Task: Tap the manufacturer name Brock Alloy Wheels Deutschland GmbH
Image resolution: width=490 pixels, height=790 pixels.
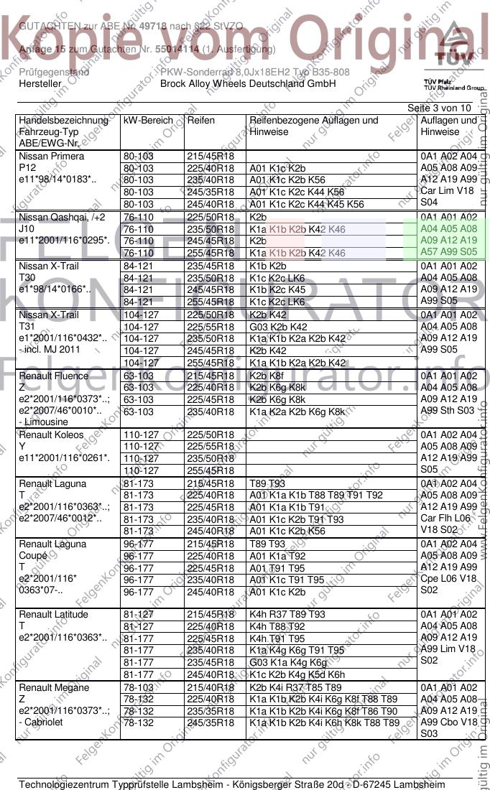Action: (x=248, y=83)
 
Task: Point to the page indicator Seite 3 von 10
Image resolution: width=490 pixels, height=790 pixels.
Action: (x=440, y=108)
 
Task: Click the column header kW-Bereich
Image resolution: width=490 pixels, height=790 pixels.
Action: (x=148, y=121)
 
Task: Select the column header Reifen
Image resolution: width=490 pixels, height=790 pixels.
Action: (x=200, y=121)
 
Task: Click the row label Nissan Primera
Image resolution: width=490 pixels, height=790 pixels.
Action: (x=52, y=156)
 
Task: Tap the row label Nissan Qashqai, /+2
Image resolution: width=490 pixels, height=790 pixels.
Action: (x=61, y=217)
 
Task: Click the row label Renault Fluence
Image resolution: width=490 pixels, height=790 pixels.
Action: (x=54, y=376)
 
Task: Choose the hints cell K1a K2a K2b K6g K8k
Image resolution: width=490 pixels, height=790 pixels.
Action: (x=297, y=412)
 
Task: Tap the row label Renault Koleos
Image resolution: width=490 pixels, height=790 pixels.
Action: (x=51, y=434)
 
